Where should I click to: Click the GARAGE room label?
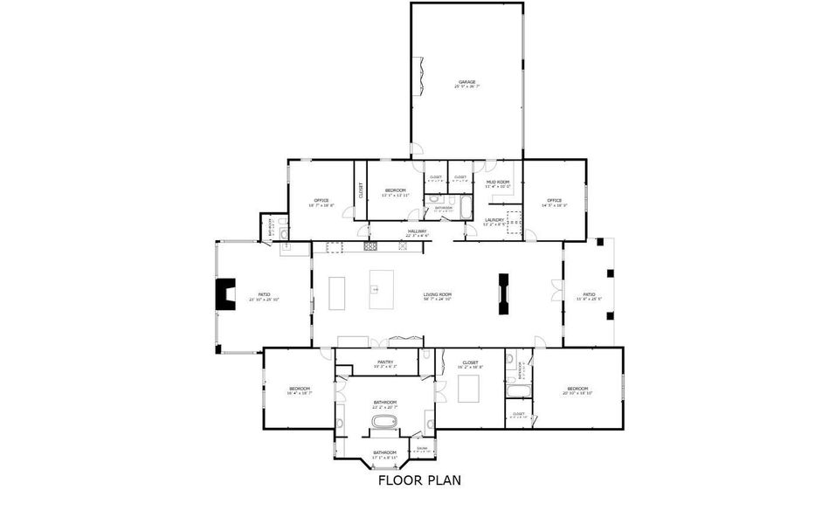466,82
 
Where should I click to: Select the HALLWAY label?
417,231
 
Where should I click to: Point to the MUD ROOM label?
498,182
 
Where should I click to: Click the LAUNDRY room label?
494,220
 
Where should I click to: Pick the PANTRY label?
385,362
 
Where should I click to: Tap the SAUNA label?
422,448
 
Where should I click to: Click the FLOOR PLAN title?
418,479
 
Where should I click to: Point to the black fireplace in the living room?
503,293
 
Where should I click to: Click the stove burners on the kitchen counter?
370,246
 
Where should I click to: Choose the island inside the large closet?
468,388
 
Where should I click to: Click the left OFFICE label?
321,201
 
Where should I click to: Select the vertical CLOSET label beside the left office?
360,190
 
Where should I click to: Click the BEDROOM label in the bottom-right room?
577,389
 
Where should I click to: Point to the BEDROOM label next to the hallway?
395,190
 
